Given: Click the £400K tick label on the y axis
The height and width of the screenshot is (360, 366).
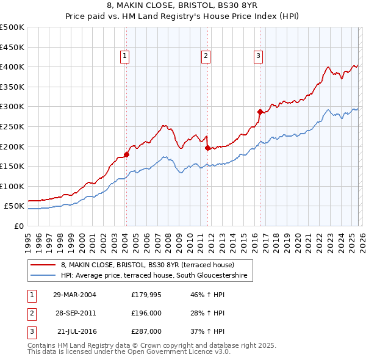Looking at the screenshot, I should [12, 67].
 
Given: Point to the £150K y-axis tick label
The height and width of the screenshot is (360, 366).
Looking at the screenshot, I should [12, 166].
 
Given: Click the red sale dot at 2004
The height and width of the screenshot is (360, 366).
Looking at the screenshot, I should [126, 154].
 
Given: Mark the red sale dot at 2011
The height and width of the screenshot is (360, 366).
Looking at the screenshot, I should [207, 148].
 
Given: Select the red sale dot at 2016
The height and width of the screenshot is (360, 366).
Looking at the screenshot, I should [260, 112].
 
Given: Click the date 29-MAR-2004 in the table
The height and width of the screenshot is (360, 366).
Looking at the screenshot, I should [74, 295].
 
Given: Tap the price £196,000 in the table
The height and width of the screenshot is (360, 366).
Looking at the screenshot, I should [146, 313].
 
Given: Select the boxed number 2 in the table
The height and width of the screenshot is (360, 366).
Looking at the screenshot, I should [31, 313].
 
